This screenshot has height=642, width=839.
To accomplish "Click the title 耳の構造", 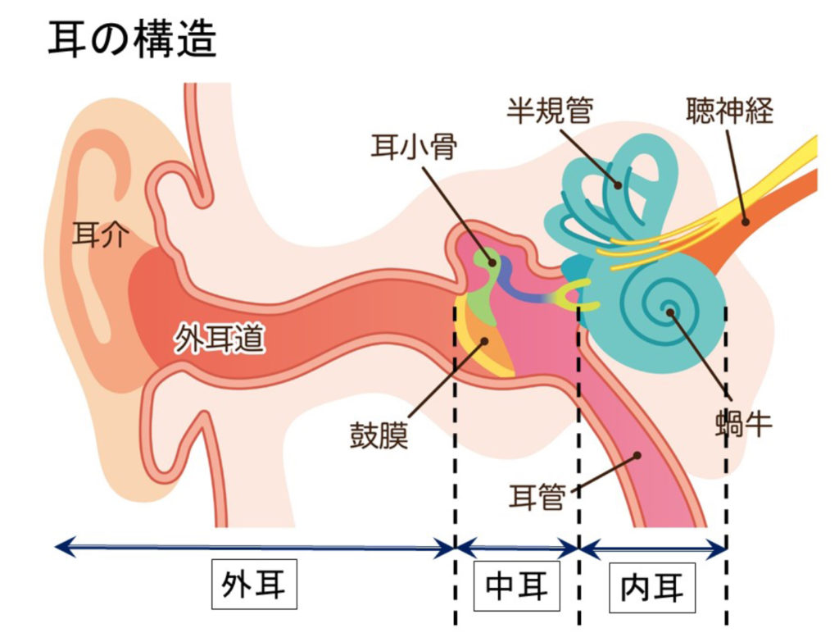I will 132,39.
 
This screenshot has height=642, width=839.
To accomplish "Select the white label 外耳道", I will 220,339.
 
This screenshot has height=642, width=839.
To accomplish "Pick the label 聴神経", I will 729,108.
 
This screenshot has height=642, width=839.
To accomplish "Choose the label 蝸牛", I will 742,424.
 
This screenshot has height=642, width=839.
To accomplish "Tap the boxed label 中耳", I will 516,585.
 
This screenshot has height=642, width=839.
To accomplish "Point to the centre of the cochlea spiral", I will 669,311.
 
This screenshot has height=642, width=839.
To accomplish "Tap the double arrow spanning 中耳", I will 517,546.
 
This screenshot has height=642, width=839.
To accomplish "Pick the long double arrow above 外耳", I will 254,546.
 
